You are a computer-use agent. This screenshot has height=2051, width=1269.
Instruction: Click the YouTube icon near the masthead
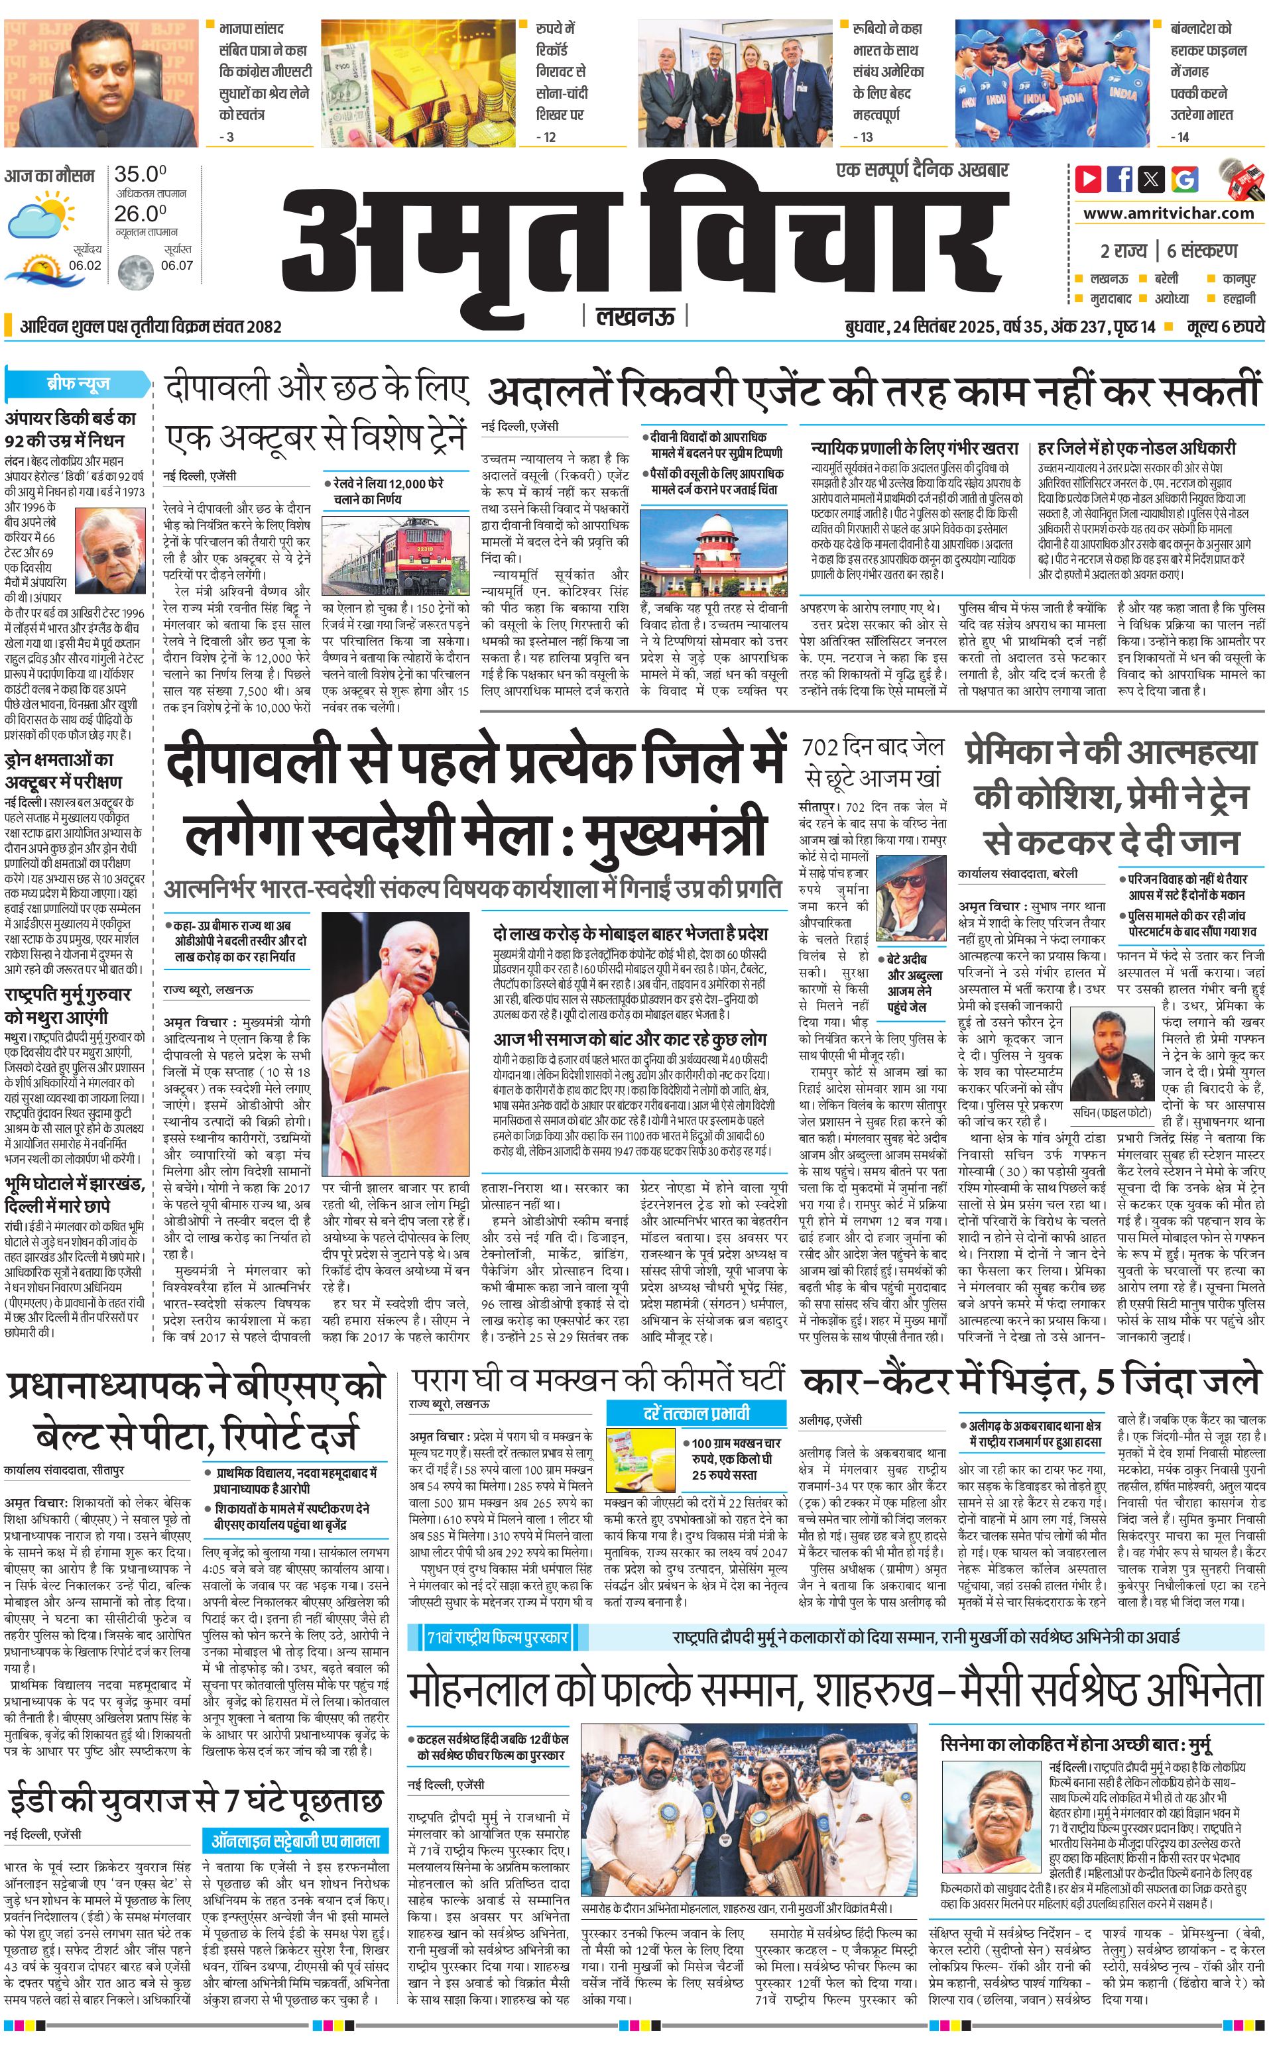(1088, 179)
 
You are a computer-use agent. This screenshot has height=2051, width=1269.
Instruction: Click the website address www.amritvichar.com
(1168, 213)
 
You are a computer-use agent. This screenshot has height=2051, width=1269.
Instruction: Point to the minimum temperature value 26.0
(140, 213)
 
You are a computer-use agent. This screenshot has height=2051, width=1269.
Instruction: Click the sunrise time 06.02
(86, 265)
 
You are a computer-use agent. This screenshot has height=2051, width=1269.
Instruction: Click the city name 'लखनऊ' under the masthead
(634, 316)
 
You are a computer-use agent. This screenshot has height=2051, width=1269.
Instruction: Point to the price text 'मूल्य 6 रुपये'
(1225, 326)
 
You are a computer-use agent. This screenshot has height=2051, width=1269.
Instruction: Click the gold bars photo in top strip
(436, 84)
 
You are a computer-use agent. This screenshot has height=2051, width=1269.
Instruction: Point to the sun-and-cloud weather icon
(40, 213)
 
